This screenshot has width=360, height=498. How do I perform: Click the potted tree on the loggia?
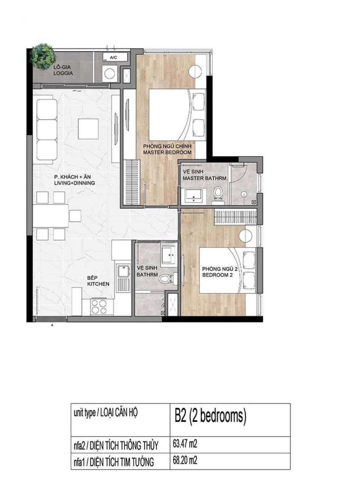[42, 57]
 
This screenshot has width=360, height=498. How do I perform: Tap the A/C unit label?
[113, 58]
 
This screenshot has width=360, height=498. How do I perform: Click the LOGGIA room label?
[63, 73]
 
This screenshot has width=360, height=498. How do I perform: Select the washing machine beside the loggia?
[110, 73]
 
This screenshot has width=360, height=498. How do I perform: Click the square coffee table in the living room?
[89, 128]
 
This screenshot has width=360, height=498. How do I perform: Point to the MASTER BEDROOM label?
[167, 153]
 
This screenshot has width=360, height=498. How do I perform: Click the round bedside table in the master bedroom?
[195, 71]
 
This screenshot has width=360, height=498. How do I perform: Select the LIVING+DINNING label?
[75, 183]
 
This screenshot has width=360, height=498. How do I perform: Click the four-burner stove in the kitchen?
[99, 306]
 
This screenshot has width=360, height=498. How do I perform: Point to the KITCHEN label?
[98, 284]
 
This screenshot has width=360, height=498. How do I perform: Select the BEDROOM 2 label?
[218, 275]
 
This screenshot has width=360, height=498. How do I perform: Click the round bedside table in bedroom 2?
[245, 236]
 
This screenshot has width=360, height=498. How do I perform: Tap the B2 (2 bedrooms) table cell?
[230, 420]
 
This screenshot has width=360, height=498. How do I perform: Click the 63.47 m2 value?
[185, 444]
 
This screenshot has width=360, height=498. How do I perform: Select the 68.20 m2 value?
[185, 460]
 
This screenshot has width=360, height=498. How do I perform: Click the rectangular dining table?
[51, 216]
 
